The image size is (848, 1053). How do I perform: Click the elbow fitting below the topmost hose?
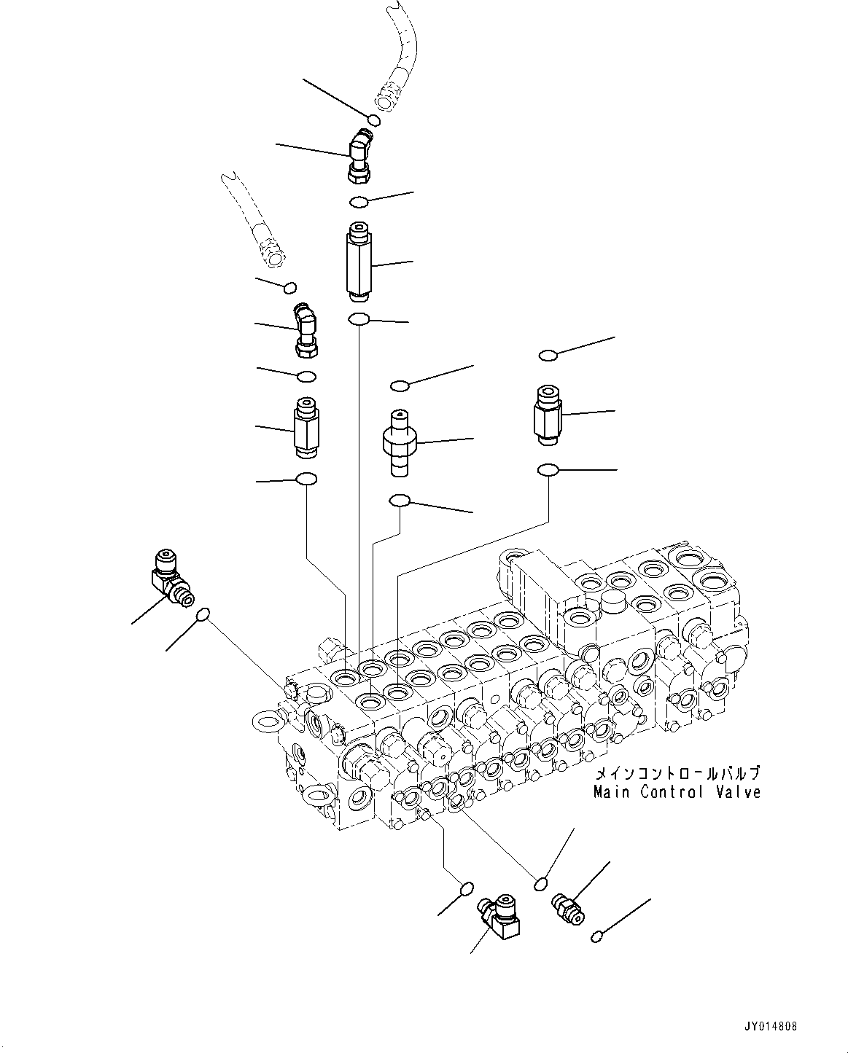[361, 154]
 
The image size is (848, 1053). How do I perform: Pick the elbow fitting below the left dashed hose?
[306, 331]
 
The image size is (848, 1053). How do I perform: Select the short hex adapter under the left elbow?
[305, 428]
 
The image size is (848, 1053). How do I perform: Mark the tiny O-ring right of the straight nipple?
[597, 936]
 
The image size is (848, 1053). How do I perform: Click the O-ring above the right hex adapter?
[548, 355]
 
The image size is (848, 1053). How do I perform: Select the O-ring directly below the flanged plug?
[400, 500]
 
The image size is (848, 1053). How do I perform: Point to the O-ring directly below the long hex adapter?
[359, 319]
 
